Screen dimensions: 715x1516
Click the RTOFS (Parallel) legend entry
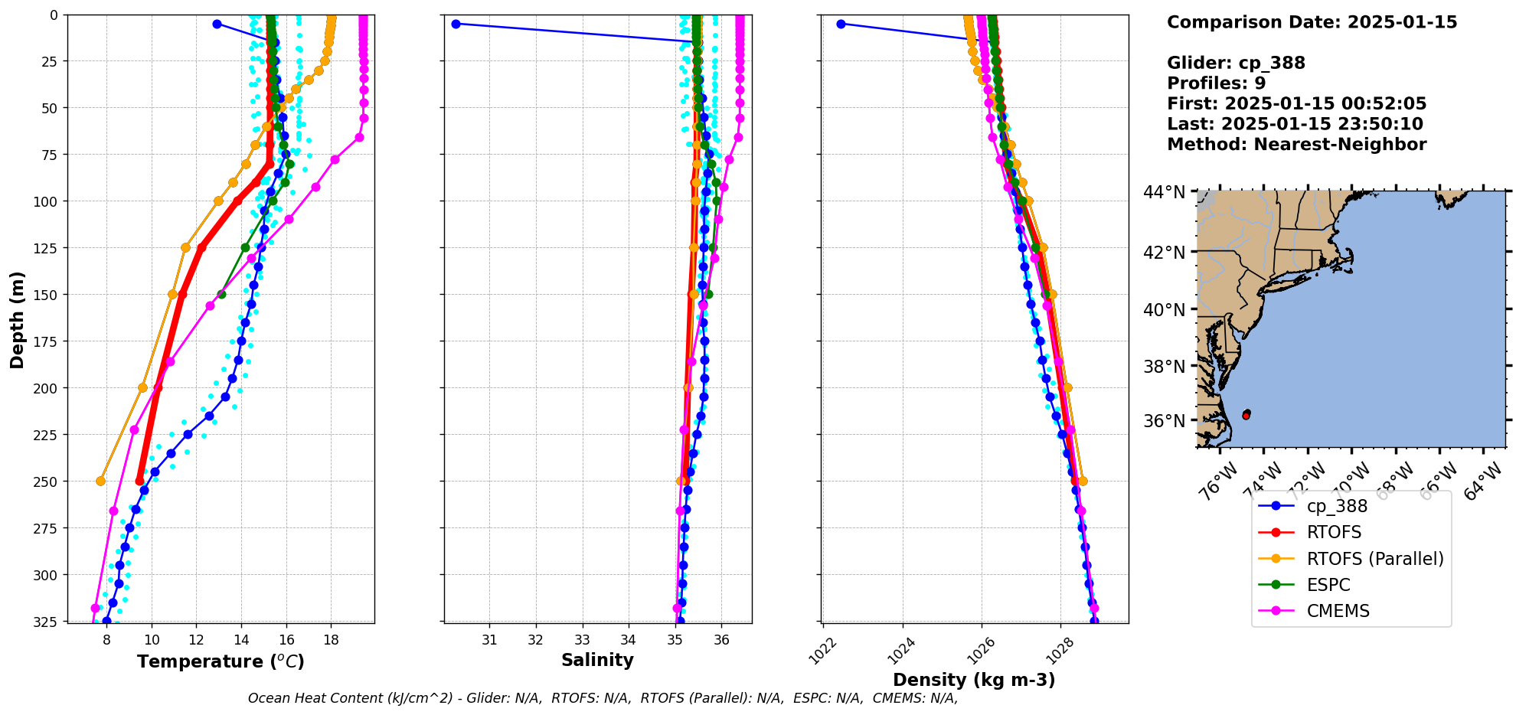point(1374,559)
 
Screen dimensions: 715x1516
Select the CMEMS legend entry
point(1338,611)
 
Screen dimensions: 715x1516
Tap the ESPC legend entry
point(1328,585)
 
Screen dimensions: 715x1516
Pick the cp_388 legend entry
point(1336,506)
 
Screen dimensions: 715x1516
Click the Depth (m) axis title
point(17,319)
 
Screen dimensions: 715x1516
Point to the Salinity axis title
point(597,660)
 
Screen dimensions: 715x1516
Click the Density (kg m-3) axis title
point(974,680)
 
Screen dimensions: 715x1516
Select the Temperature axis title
point(221,661)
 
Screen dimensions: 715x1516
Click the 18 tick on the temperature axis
point(331,640)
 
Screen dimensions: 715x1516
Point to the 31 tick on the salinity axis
point(489,640)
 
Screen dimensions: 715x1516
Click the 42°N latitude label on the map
point(1164,253)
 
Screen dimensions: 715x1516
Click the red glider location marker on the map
point(1246,415)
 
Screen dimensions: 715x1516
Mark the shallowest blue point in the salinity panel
point(456,24)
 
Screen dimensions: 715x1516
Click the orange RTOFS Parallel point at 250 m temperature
point(100,481)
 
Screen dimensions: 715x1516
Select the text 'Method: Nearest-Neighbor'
point(1296,145)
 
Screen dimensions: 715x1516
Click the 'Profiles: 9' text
point(1216,83)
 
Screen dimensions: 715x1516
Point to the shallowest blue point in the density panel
point(841,24)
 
